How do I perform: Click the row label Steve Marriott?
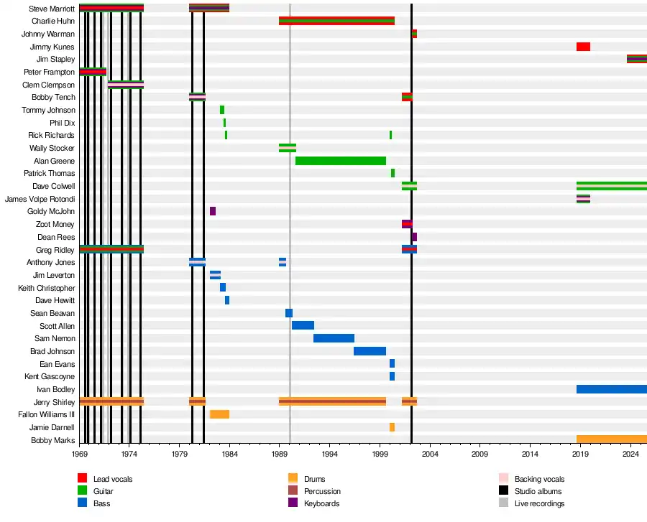tap(52, 9)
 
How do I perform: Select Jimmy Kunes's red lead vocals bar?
tap(583, 47)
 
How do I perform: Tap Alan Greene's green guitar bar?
tap(340, 161)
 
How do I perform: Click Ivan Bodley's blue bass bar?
tap(611, 389)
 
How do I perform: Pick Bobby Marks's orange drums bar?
tap(611, 439)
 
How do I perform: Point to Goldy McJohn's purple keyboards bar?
tap(213, 211)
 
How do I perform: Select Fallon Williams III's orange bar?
tap(219, 414)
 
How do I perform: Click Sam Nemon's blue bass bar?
tap(334, 338)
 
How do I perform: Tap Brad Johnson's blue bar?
tap(370, 351)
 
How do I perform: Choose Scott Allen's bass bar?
tap(303, 325)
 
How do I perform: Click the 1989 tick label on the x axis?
tap(280, 455)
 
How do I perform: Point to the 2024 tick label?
tap(630, 455)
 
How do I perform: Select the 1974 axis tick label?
tap(129, 455)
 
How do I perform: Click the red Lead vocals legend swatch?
tap(82, 479)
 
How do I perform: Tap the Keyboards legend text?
tap(322, 503)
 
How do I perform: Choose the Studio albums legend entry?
tap(538, 491)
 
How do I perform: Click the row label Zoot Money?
tap(56, 224)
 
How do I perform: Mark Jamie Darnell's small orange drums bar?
tap(392, 427)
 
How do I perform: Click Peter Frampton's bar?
tap(93, 72)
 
